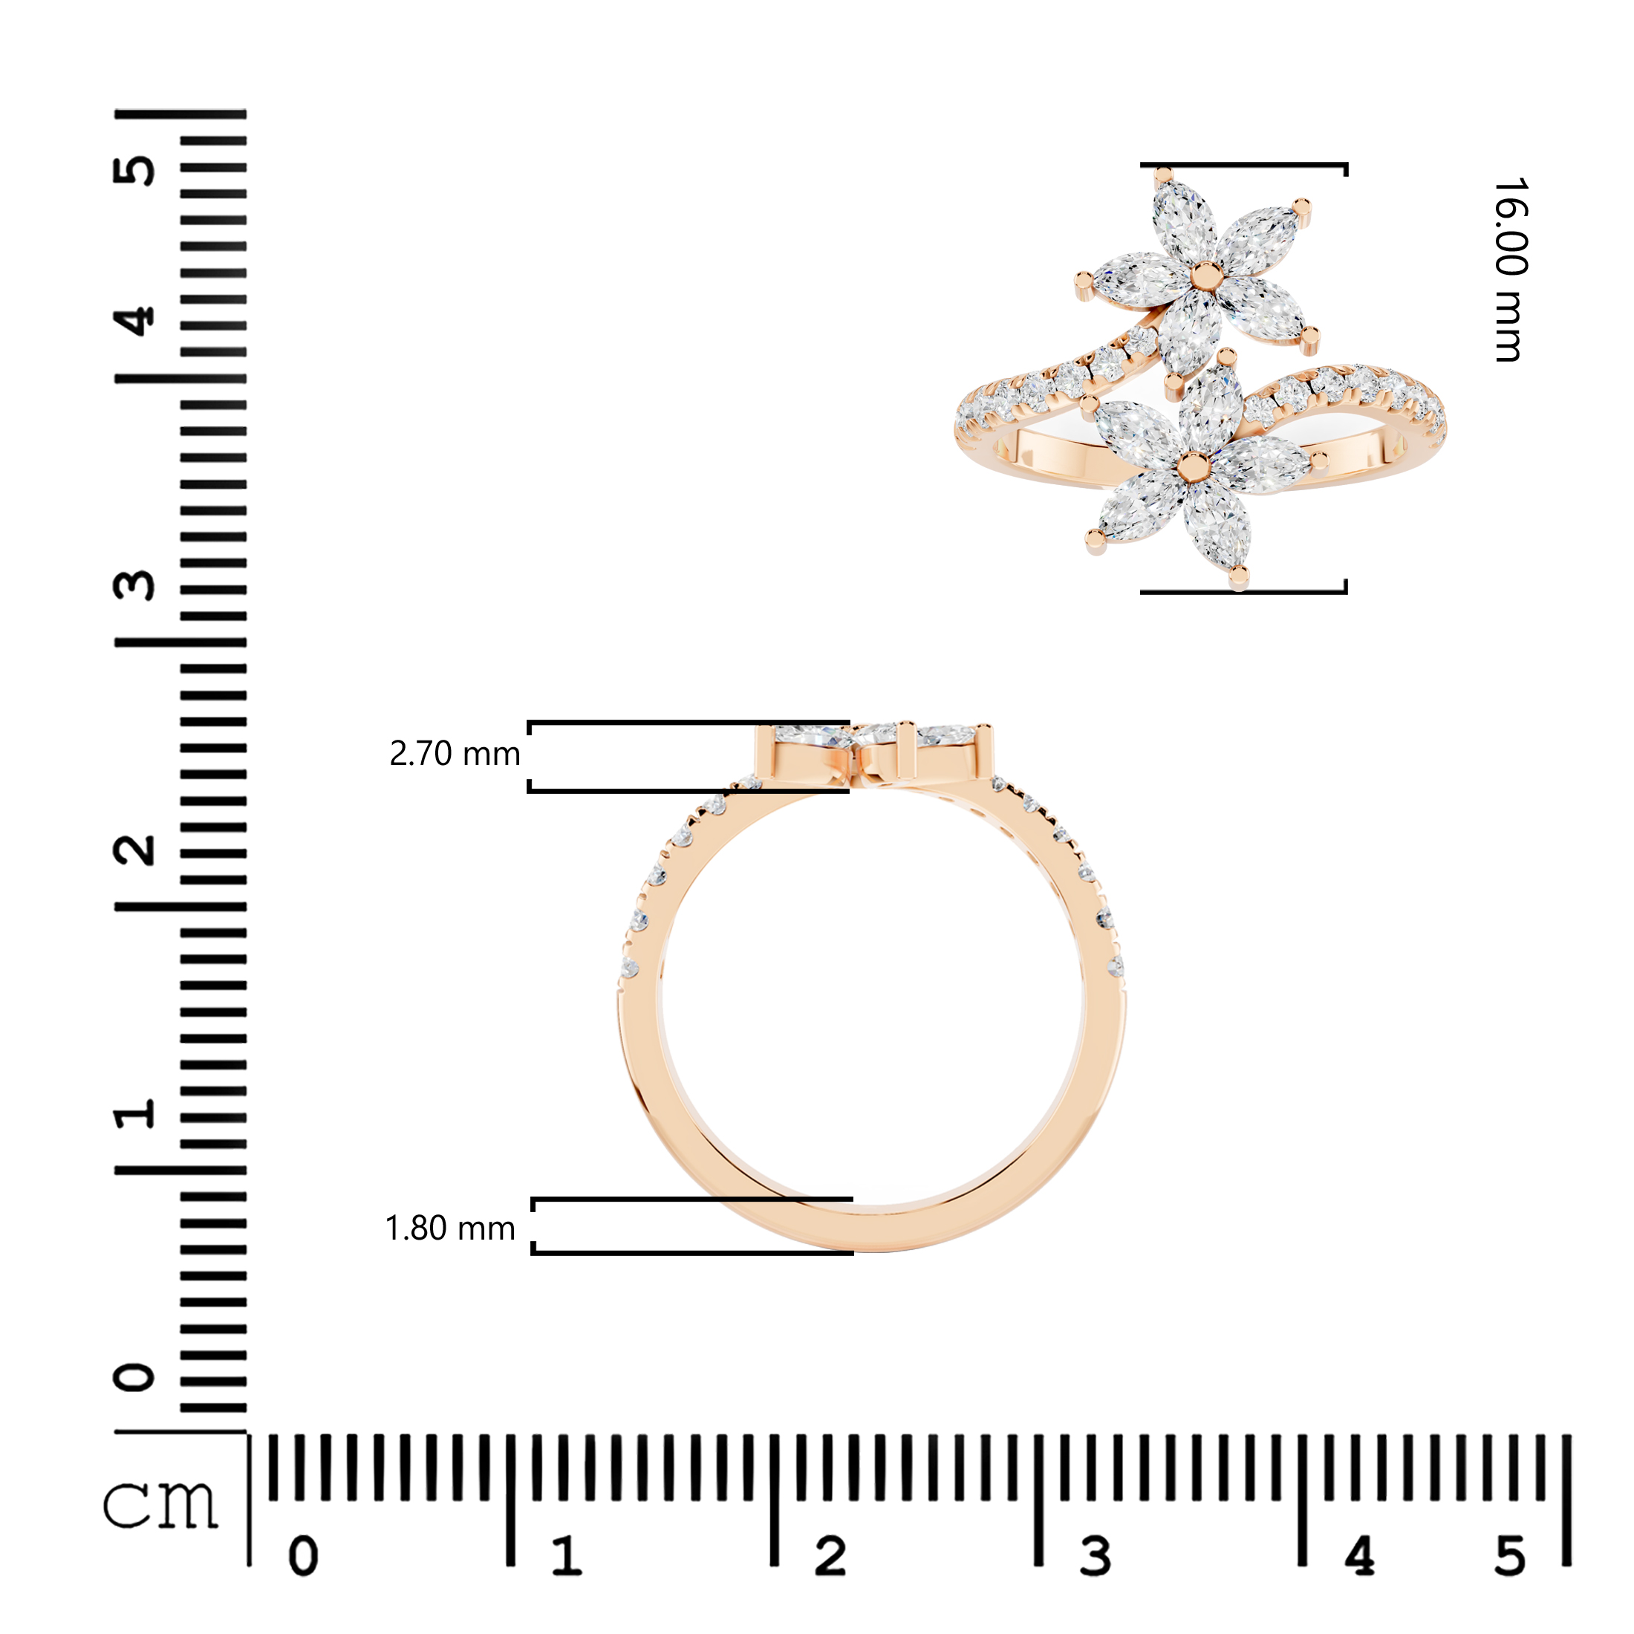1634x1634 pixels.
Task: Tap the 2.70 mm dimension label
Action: click(454, 754)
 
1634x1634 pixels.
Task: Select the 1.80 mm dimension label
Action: click(450, 1228)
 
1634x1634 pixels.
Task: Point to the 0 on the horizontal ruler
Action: click(304, 1556)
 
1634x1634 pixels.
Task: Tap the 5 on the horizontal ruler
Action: click(1511, 1556)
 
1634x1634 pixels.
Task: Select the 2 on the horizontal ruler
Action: click(830, 1556)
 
